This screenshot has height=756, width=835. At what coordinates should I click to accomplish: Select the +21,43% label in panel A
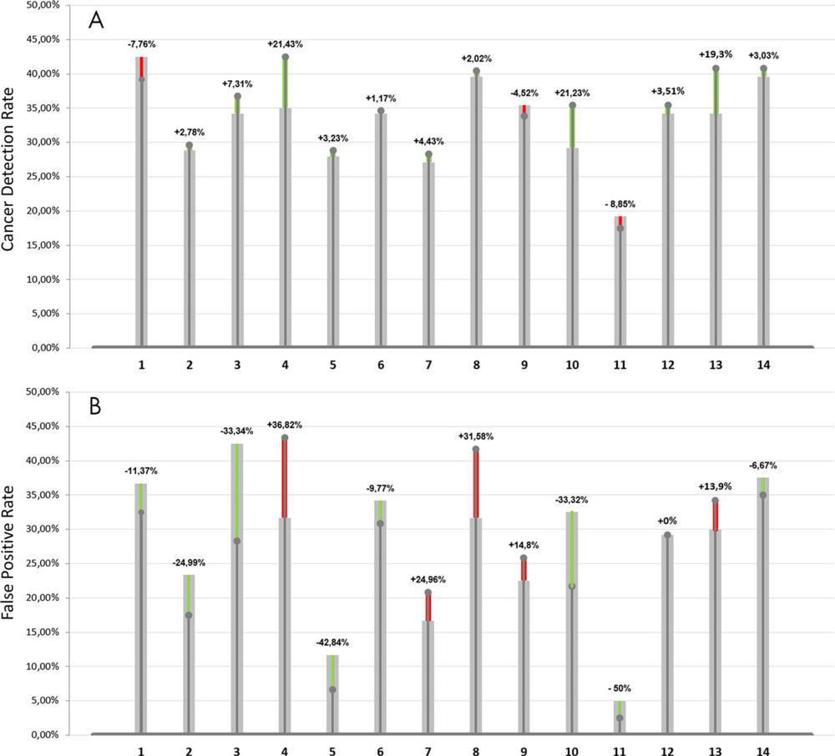pos(285,43)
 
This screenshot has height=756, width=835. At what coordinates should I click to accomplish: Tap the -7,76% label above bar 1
pos(142,44)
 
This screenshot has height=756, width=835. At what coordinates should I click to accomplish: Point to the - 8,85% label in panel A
pos(620,204)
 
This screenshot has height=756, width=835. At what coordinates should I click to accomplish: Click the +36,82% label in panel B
pos(285,425)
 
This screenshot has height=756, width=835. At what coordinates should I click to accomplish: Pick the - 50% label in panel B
pos(620,689)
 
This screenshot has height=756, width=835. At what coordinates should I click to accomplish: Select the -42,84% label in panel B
pos(332,643)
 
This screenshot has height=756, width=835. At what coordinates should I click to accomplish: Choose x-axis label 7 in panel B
pos(428,752)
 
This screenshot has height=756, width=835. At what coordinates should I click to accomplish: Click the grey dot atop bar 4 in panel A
pos(285,58)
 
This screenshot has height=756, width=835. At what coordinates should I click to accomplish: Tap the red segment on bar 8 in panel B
pos(476,484)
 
